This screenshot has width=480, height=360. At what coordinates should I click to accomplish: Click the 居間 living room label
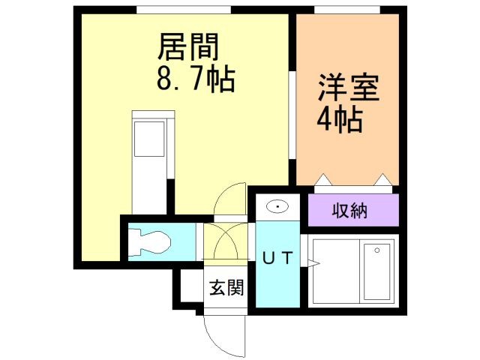187,47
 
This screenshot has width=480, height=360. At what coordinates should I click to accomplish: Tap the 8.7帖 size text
194,79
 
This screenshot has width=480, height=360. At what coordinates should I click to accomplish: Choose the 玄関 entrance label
226,287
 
